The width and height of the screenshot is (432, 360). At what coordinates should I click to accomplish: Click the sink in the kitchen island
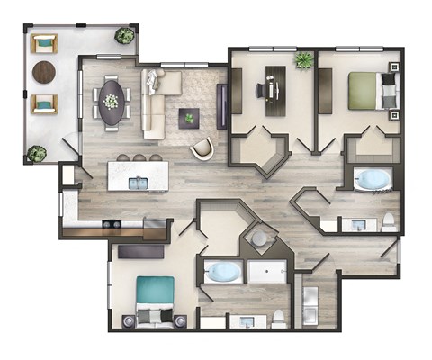[138, 183]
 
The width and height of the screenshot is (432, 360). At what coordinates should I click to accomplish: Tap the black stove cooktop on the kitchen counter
[112, 224]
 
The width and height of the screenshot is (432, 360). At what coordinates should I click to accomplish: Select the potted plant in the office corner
[302, 61]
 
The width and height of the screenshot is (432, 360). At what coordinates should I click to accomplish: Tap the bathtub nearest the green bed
[371, 180]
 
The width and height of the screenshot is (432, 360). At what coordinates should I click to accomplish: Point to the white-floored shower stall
[267, 272]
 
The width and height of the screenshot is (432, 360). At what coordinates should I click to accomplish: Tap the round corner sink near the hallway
[259, 239]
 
